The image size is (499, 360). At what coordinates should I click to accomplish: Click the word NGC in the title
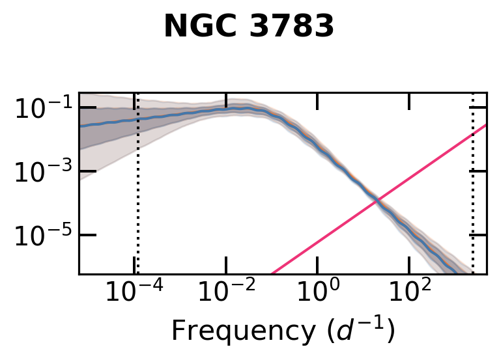193,27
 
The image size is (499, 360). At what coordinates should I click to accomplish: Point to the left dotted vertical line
137,195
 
